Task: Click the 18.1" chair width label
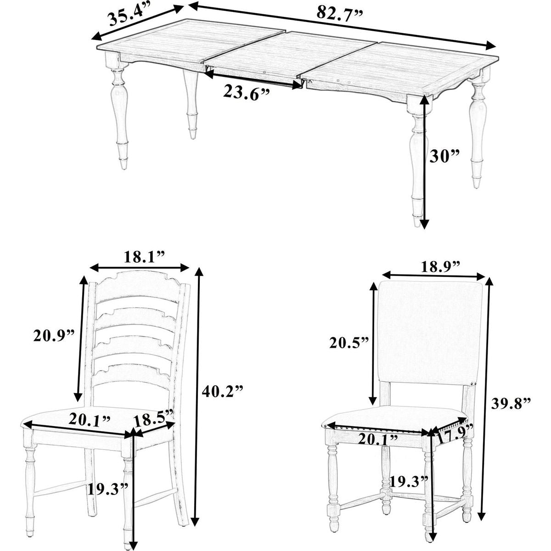click(144, 257)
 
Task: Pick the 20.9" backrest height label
click(54, 336)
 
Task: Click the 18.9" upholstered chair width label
click(440, 267)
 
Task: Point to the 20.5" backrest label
click(350, 343)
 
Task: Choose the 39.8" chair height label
click(511, 404)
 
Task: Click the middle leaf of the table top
click(289, 54)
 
